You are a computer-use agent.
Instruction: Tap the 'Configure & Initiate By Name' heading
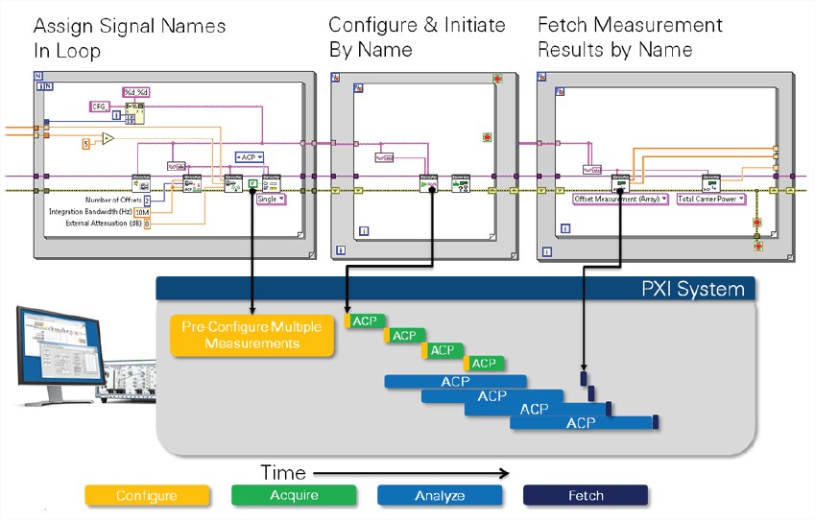[399, 37]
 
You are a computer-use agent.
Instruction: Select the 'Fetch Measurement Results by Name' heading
[630, 37]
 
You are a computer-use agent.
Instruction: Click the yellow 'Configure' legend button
[146, 495]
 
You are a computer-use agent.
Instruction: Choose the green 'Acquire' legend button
[293, 495]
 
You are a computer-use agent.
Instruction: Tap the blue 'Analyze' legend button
[439, 495]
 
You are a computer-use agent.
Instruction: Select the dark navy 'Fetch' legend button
[585, 495]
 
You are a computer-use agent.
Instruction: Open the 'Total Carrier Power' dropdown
[711, 199]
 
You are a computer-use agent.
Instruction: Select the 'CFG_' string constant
[101, 106]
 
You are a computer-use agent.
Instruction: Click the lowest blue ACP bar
[581, 422]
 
